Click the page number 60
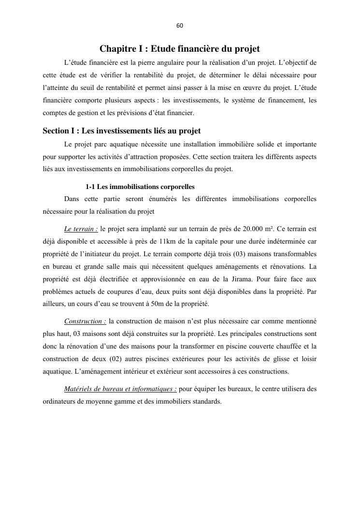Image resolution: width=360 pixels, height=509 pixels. tap(180, 26)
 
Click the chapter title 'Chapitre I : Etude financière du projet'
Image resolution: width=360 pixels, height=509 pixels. tap(180, 49)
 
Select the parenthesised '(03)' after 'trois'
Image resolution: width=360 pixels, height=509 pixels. tap(248, 254)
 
